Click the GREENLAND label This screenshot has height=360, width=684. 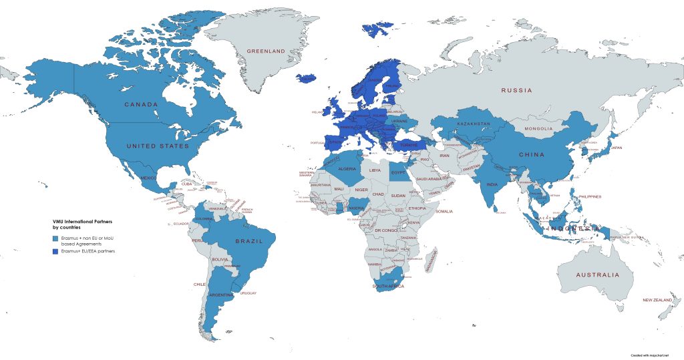(266, 51)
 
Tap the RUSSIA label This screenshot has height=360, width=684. (516, 90)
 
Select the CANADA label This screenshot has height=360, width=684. (141, 105)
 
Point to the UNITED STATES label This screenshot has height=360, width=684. (158, 146)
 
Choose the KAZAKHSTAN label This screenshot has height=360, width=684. (474, 124)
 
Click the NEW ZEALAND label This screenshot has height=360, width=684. (656, 301)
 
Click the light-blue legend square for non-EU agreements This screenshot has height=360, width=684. (56, 238)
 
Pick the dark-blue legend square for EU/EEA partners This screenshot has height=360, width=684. (56, 251)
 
